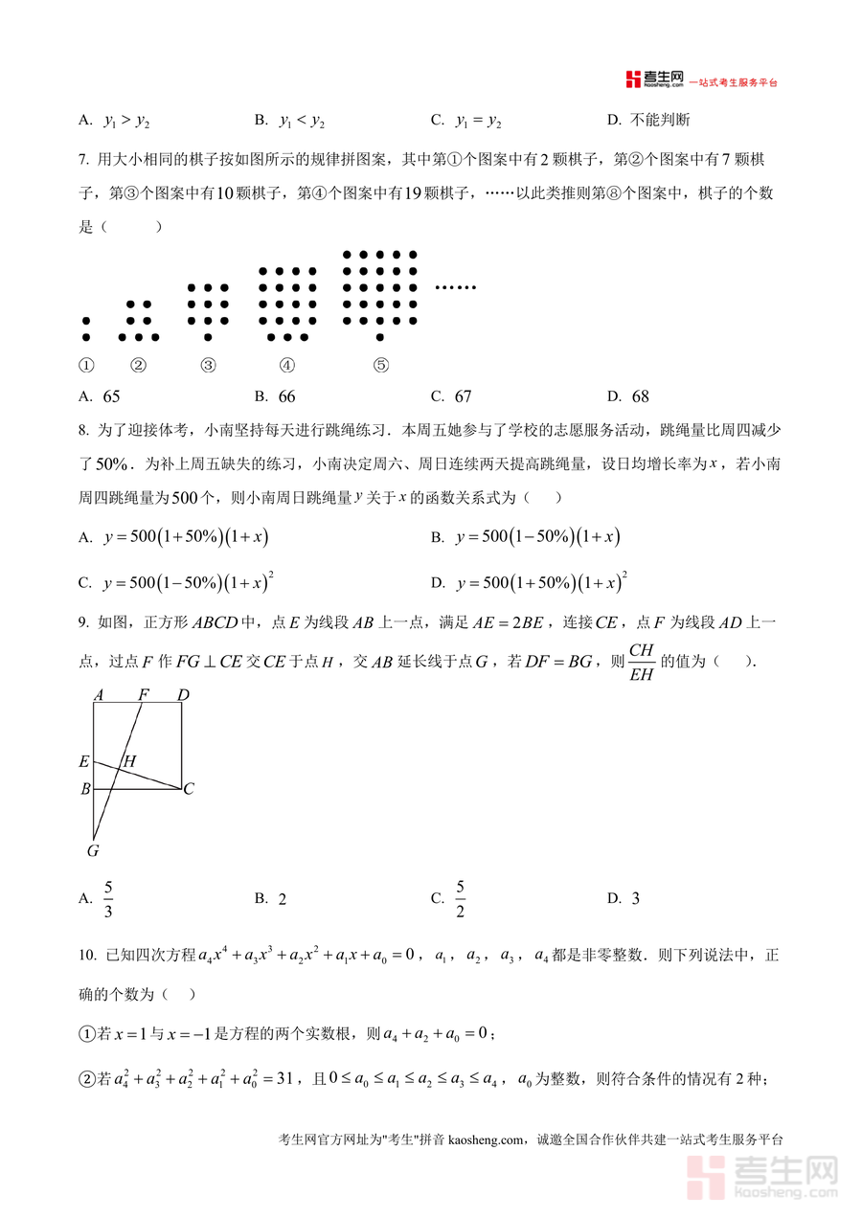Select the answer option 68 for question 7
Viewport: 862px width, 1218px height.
tap(640, 396)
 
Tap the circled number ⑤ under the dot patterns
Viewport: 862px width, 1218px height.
tap(380, 365)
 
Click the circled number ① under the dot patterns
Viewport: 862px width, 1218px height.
tap(86, 365)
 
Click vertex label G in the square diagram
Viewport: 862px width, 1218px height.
tap(93, 850)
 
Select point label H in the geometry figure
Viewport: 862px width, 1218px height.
tap(129, 762)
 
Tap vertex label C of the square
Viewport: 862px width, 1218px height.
tap(189, 790)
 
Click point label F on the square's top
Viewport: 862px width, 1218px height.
tap(144, 694)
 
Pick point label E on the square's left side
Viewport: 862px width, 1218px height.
tap(84, 763)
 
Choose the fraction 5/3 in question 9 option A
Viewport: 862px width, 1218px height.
tap(108, 898)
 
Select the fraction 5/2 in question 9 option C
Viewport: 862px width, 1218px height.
tap(460, 898)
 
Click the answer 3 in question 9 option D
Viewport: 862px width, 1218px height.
tap(636, 899)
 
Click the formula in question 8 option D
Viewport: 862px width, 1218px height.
tap(542, 582)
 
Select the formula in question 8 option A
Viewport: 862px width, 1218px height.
tap(185, 537)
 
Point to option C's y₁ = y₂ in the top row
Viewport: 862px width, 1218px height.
tap(479, 121)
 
